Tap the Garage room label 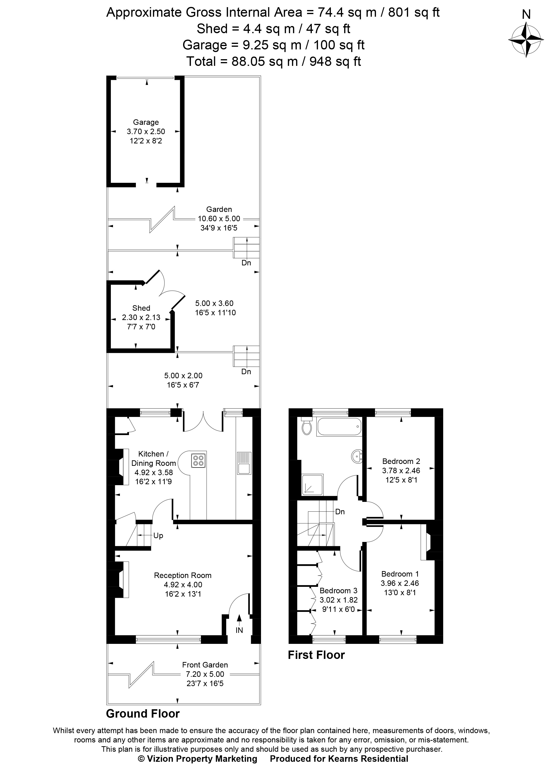click(x=146, y=122)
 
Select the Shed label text click(x=141, y=308)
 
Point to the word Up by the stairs click(x=158, y=535)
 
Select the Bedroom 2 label click(x=401, y=461)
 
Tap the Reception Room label click(x=182, y=575)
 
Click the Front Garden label click(x=205, y=665)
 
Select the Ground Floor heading click(x=143, y=714)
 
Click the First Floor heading click(x=316, y=655)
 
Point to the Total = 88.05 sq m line click(x=274, y=61)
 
